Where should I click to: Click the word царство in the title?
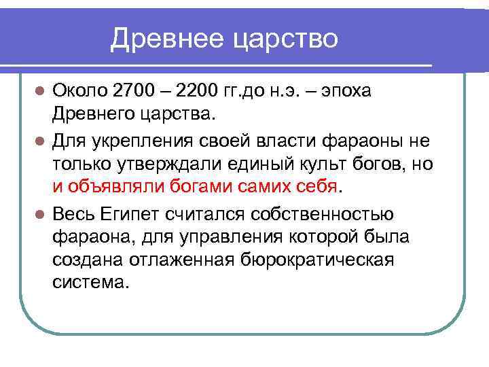point(285,39)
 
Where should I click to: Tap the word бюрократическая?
point(316,260)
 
